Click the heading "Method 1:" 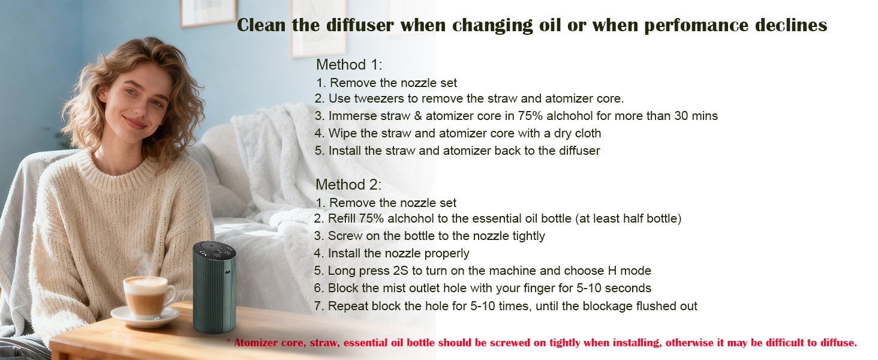[349, 65]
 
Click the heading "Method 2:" [348, 185]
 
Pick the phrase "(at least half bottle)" [628, 219]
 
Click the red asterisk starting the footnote [228, 343]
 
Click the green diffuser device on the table [214, 294]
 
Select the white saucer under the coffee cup [145, 316]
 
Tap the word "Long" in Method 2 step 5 [341, 271]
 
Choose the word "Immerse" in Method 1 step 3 [351, 116]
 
